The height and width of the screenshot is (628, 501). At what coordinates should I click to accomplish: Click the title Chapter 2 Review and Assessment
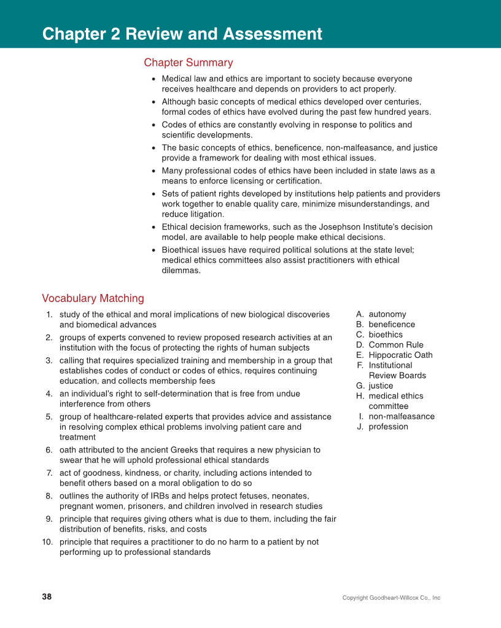pos(182,34)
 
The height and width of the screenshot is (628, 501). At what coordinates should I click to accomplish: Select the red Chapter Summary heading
pos(188,63)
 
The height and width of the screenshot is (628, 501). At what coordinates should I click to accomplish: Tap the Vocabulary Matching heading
pos(93,298)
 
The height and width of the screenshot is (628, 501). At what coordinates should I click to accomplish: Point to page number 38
pos(47,597)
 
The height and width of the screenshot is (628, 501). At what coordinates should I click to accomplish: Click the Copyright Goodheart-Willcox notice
pos(391,598)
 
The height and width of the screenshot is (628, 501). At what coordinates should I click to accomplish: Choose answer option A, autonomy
pos(387,314)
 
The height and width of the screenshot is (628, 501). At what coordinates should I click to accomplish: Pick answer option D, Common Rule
pos(395,345)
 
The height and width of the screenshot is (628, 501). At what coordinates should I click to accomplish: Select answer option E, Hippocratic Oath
pos(400,355)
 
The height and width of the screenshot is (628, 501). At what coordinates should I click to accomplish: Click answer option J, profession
pos(388,427)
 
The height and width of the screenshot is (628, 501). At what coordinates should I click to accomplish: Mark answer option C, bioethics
pos(386,335)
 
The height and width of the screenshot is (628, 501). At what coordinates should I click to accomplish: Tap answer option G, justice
pos(381,386)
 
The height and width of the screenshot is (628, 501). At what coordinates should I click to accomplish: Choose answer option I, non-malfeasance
pos(401,416)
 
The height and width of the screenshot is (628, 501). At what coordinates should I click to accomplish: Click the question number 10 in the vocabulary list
pos(47,542)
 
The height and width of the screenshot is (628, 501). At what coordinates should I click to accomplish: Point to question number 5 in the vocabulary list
pos(49,417)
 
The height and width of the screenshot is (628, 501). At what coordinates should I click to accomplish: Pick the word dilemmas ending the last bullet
pos(181,271)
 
